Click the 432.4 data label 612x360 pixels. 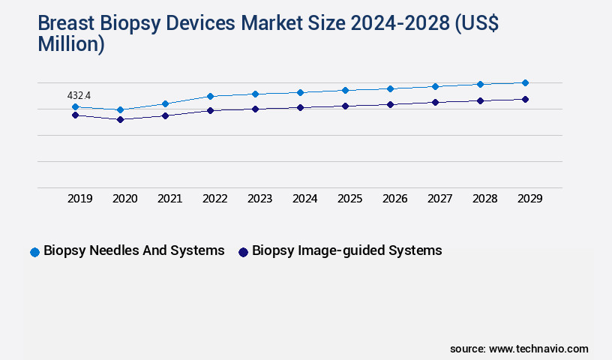[79, 95]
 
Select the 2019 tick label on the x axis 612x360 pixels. [80, 199]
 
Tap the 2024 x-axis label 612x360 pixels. [305, 199]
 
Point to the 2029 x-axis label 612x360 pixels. [530, 199]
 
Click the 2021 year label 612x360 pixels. [170, 199]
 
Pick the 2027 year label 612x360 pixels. [440, 199]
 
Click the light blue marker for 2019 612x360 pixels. [75, 107]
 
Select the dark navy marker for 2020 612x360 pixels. [120, 119]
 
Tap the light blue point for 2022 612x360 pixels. [210, 96]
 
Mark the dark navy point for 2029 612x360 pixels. [525, 99]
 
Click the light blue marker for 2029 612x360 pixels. [525, 82]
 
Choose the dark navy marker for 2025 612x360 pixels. [345, 106]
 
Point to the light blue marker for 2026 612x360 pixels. [390, 88]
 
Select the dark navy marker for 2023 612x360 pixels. [255, 109]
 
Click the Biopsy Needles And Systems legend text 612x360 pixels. [134, 250]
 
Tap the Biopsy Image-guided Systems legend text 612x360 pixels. [346, 250]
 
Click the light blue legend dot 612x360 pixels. [34, 252]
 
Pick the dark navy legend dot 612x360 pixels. [243, 252]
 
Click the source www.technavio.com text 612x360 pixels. [519, 349]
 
